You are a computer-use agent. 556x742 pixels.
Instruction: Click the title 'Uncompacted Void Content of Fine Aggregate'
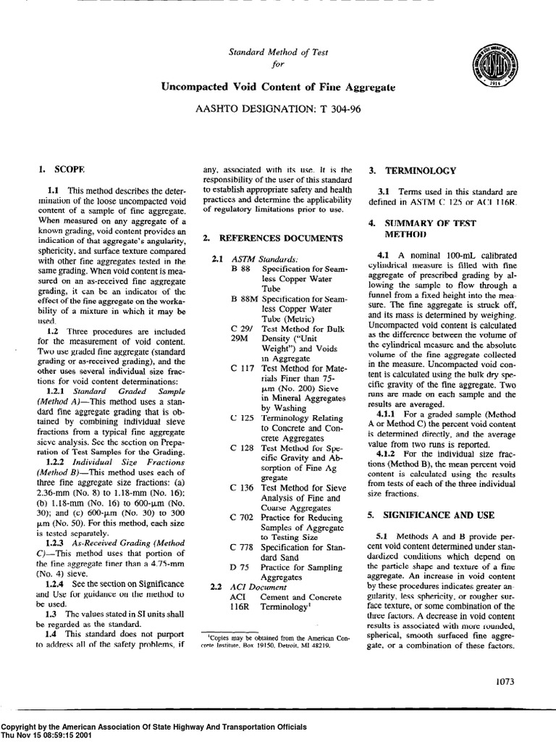[278, 87]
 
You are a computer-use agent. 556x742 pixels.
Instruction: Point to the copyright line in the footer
[153, 726]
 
